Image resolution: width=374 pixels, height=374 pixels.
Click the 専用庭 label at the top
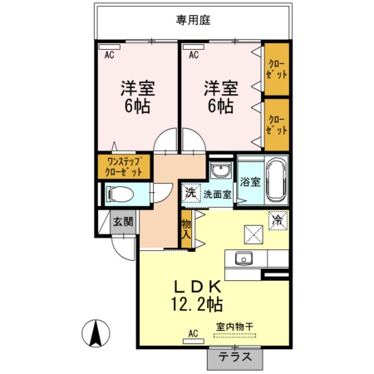[x=192, y=22]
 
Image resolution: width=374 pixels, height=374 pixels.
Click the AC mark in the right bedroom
[x=194, y=56]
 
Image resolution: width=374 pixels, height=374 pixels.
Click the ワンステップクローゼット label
[x=123, y=166]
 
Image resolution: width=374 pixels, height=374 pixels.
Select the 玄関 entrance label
[x=122, y=222]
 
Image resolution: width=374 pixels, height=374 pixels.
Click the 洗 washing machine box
[x=191, y=193]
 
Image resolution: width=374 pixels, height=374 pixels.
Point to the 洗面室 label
[x=218, y=194]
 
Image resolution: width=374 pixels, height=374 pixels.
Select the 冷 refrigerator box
[x=278, y=220]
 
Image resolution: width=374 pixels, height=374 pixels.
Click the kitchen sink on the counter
[x=245, y=257]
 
